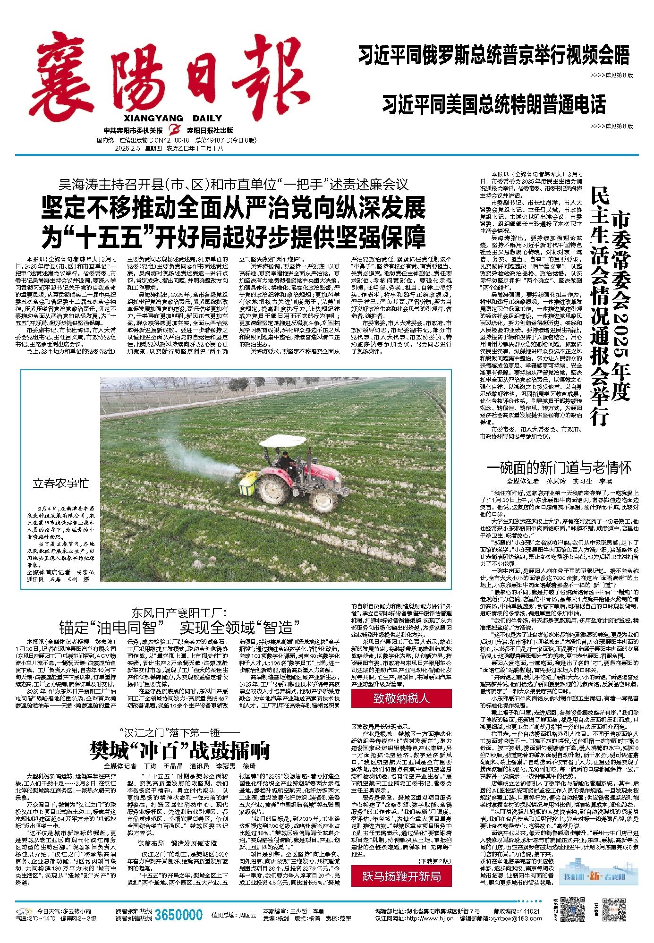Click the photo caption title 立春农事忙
click(60, 483)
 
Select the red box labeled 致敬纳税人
click(401, 698)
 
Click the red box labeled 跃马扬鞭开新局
click(401, 876)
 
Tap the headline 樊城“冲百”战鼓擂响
click(180, 750)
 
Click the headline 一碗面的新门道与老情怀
click(559, 468)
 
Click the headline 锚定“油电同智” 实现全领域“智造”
click(179, 627)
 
